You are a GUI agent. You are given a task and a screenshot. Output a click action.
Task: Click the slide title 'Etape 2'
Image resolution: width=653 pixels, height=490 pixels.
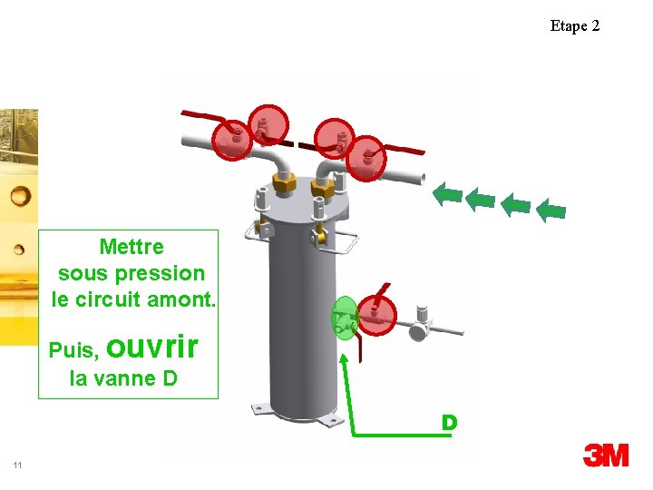tap(574, 25)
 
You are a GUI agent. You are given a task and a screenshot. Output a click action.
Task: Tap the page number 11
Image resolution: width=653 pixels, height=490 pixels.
tap(17, 465)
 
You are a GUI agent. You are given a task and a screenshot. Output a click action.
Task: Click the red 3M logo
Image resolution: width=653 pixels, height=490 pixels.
tap(606, 455)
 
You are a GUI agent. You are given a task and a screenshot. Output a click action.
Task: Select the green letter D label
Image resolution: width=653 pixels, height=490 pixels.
tap(448, 423)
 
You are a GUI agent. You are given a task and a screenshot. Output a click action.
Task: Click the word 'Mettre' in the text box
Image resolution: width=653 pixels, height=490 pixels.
tap(132, 247)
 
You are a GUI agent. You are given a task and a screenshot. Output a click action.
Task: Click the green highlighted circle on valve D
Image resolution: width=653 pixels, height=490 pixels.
tap(345, 318)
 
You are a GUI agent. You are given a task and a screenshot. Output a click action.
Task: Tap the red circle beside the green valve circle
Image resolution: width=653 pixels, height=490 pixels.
tap(375, 314)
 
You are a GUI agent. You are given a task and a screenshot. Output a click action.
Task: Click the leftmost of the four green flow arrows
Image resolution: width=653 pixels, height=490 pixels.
tap(447, 193)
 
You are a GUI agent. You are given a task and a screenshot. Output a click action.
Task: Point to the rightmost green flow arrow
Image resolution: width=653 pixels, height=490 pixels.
tap(551, 211)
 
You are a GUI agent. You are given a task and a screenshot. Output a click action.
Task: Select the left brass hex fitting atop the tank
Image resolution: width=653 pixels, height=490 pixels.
tap(282, 182)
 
